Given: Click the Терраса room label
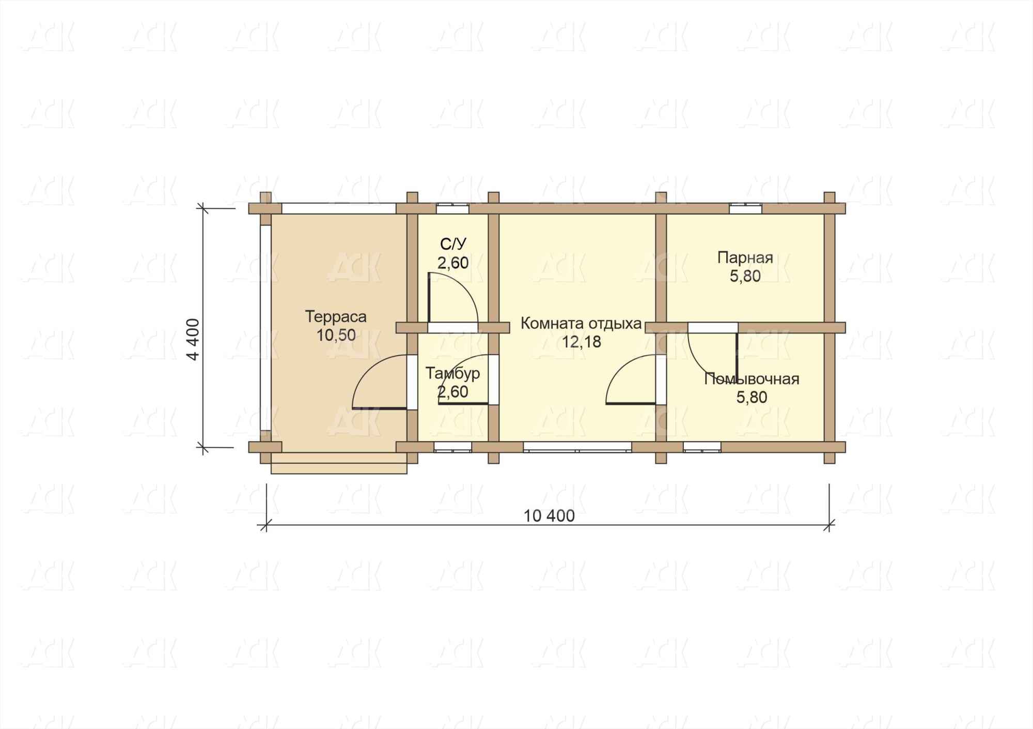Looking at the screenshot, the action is click(x=336, y=316).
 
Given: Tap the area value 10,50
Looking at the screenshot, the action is click(x=336, y=335).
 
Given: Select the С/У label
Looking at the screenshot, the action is click(x=453, y=244).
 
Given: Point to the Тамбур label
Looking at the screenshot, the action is click(x=453, y=373).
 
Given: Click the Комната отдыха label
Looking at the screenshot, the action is click(x=581, y=324).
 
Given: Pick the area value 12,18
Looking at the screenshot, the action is click(x=582, y=342).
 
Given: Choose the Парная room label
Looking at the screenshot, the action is click(x=745, y=257).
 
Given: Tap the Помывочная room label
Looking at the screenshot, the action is click(x=752, y=379).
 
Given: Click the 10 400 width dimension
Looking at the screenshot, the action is click(x=549, y=516).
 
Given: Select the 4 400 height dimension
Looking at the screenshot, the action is click(x=194, y=339).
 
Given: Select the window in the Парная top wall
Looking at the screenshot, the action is click(x=745, y=208).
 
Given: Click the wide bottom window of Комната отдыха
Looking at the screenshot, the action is click(x=577, y=447).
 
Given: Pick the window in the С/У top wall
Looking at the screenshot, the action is click(x=453, y=208).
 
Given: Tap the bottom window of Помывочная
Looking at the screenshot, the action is click(x=702, y=447).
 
